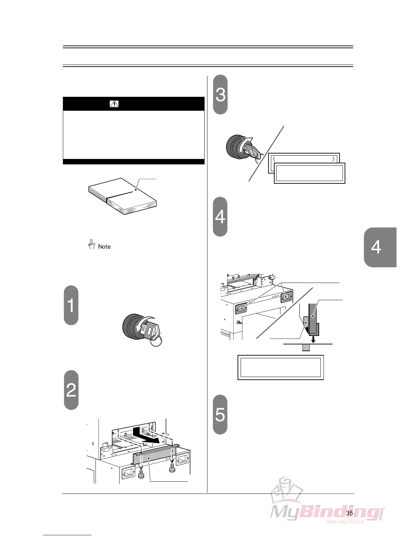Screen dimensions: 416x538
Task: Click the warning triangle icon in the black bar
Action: tap(114, 104)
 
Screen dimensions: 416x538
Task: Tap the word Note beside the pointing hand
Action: tap(104, 247)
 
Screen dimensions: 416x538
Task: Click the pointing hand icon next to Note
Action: tap(91, 245)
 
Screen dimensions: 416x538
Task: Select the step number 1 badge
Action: tap(71, 305)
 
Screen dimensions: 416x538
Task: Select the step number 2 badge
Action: tap(71, 390)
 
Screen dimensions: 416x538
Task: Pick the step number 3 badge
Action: tap(220, 94)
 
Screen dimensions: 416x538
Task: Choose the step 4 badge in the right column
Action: tap(220, 217)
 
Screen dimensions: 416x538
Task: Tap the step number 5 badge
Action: tap(220, 414)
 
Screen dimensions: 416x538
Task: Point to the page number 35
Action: tap(349, 513)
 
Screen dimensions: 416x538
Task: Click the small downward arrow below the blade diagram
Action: tap(313, 339)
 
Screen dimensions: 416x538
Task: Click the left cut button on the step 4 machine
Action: tap(241, 309)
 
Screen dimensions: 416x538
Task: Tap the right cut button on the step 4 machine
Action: tap(286, 297)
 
